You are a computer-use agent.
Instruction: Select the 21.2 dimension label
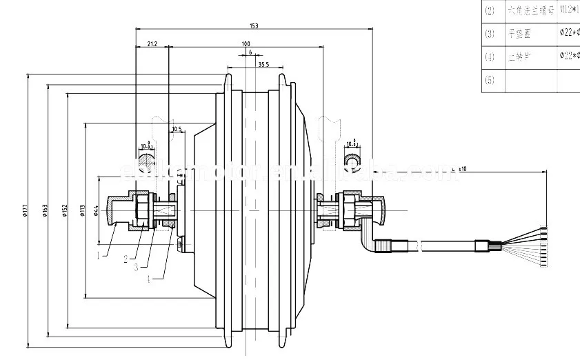coord(152,43)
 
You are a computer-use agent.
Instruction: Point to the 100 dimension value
coord(246,44)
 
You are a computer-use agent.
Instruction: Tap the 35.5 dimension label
coord(263,66)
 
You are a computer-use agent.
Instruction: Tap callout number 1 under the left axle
coord(98,255)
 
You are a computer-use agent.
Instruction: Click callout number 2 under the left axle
coord(126,259)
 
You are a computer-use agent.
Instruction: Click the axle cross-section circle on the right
coord(353,161)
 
